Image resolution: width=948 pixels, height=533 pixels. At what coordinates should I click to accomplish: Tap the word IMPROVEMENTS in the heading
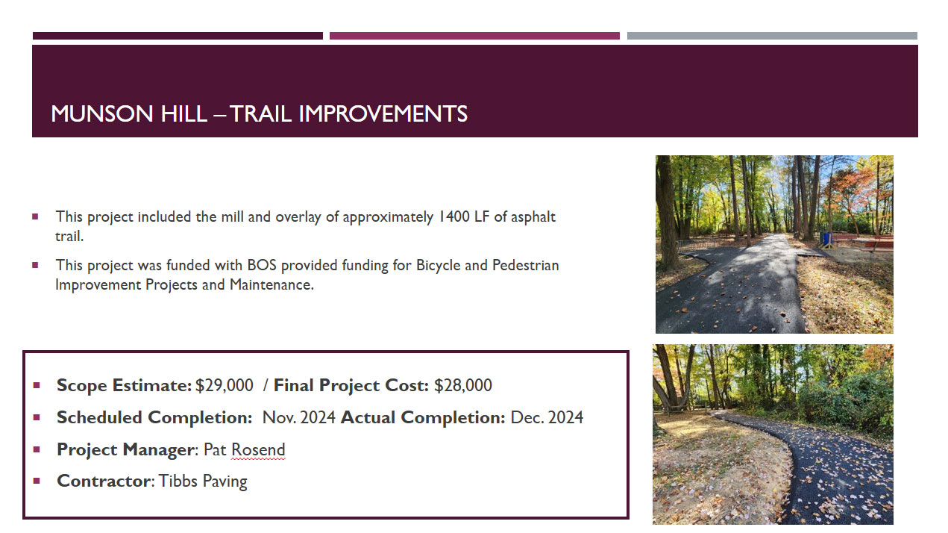[x=383, y=114]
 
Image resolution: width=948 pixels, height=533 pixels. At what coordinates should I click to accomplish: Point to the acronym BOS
[x=262, y=265]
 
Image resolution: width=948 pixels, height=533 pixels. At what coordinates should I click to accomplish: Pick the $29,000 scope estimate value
[x=225, y=385]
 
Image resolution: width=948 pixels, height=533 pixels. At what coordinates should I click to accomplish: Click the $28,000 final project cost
[x=463, y=385]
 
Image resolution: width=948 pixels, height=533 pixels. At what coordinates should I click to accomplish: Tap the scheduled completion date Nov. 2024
[x=299, y=418]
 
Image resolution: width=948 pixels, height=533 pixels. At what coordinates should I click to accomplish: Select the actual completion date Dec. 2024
[x=547, y=418]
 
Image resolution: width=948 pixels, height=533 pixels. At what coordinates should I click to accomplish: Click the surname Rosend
[x=258, y=449]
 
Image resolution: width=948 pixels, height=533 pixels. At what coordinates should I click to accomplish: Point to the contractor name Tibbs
[x=178, y=481]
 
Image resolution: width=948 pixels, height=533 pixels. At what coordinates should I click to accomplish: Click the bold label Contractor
[x=104, y=481]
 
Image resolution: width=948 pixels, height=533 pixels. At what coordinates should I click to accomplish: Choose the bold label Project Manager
[x=126, y=450]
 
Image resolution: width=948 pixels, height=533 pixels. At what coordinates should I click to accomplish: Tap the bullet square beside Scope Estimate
[x=37, y=385]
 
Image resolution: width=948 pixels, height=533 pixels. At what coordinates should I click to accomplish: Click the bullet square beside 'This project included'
[x=35, y=217]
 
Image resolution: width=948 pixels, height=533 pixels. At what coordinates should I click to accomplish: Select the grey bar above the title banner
[x=772, y=36]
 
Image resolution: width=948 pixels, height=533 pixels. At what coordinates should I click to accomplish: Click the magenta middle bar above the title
[x=474, y=36]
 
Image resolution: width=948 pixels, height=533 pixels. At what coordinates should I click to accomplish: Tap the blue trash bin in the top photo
[x=826, y=239]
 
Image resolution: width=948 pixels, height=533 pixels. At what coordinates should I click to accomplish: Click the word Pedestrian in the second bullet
[x=526, y=265]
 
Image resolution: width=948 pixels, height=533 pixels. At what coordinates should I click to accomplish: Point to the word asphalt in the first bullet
[x=533, y=217]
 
